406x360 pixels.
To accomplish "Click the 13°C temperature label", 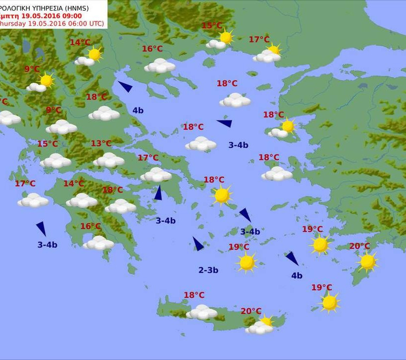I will pos(101,144).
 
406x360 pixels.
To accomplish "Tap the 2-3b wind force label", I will pos(208,270).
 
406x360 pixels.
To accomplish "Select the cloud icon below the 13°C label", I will pos(108,160).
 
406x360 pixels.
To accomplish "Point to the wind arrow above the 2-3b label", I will pos(198,244).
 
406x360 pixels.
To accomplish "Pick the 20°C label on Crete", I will pos(251,311).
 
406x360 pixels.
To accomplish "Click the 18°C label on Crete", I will pos(194,295).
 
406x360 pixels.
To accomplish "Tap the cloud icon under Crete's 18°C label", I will pos(202,312).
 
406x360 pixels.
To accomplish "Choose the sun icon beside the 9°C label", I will pos(46,80).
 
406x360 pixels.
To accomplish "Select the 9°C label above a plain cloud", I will pos(53,110).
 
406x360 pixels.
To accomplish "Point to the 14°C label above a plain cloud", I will pos(73,183).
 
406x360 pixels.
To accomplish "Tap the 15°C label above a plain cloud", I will pos(48,144).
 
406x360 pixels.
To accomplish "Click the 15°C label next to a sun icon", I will pos(212,26).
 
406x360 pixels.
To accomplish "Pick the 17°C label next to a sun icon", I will pos(259,40).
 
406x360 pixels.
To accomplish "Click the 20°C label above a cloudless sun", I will pos(359,246).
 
